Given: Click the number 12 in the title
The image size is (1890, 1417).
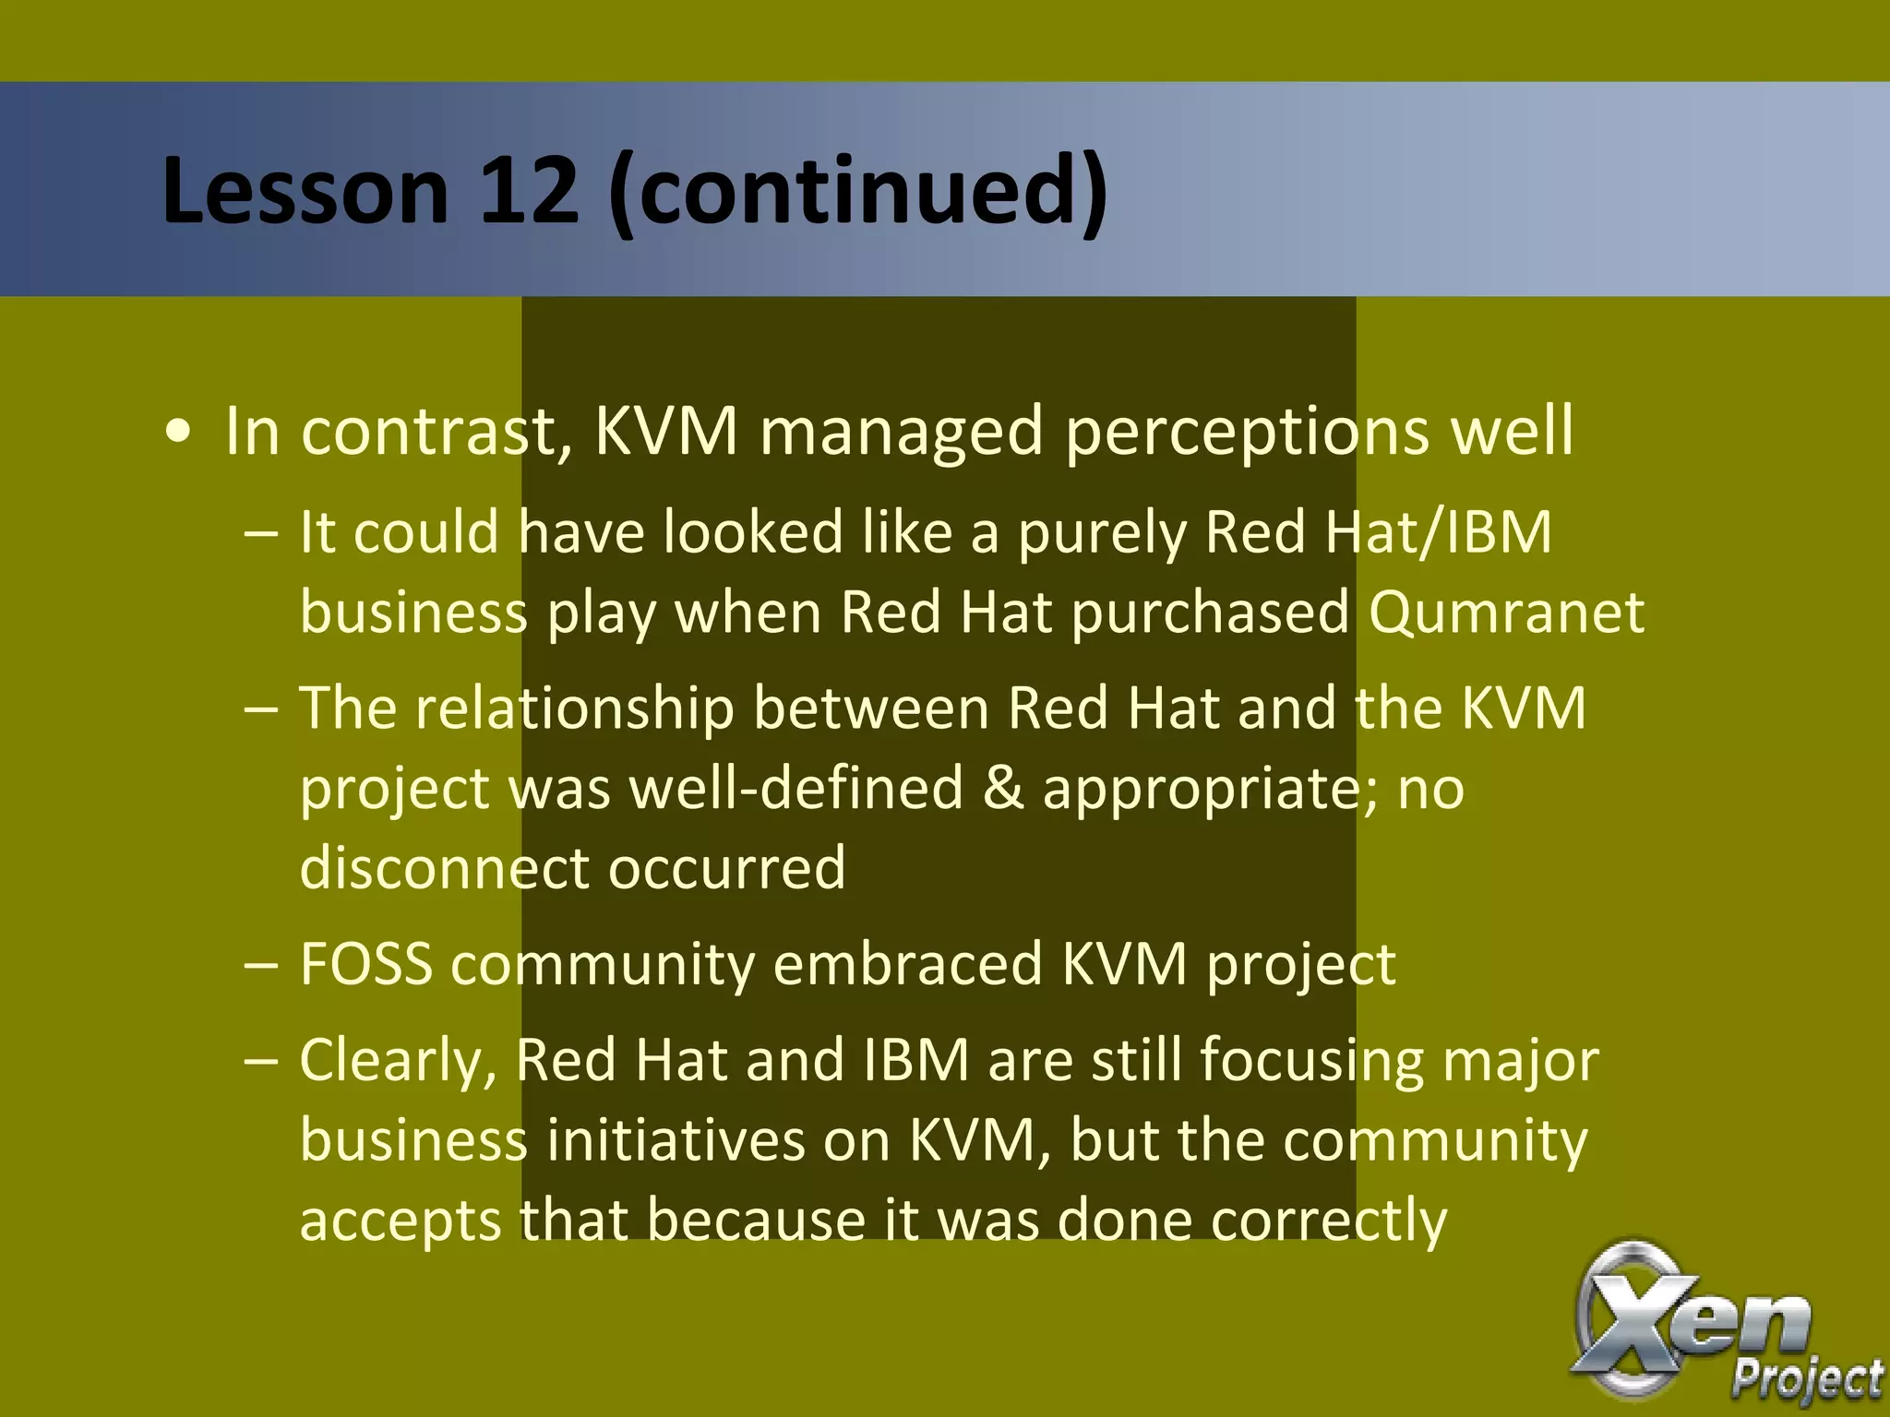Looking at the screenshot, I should point(528,191).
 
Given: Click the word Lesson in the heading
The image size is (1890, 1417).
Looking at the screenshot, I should point(305,191).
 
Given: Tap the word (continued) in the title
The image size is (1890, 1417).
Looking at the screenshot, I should point(858,191).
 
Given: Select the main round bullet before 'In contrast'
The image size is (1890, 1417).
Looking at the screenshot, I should point(178,432).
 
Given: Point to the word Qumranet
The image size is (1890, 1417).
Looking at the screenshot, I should point(1506,612).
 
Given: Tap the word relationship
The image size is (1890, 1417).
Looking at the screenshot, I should point(575,708).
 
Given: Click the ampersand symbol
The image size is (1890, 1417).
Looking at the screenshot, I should point(1003,789).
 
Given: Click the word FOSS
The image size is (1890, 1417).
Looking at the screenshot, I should point(366,964).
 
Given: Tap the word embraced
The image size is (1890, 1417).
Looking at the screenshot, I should point(907,964).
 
